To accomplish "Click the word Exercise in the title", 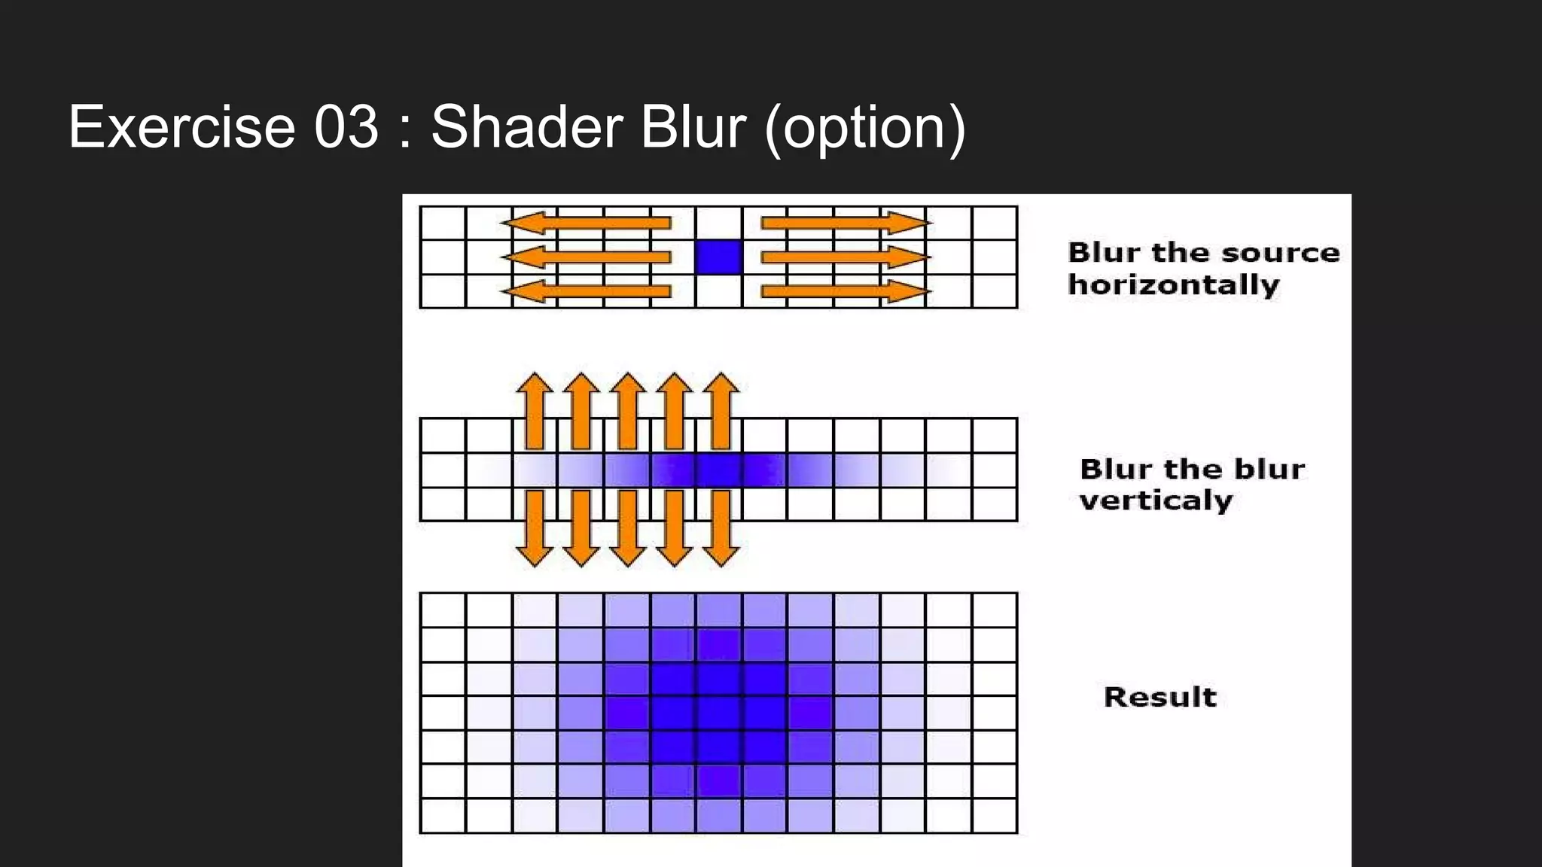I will (181, 127).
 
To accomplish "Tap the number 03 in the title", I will (346, 127).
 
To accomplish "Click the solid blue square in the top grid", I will (718, 257).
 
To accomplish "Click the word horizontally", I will (1173, 285).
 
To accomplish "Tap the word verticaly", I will (1156, 500).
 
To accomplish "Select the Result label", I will (1160, 697).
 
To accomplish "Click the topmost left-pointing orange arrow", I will (586, 223).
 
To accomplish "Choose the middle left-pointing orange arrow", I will (586, 257).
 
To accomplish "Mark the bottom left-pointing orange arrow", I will (586, 291).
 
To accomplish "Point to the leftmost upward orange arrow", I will (535, 410).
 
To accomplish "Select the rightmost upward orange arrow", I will (721, 410).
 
